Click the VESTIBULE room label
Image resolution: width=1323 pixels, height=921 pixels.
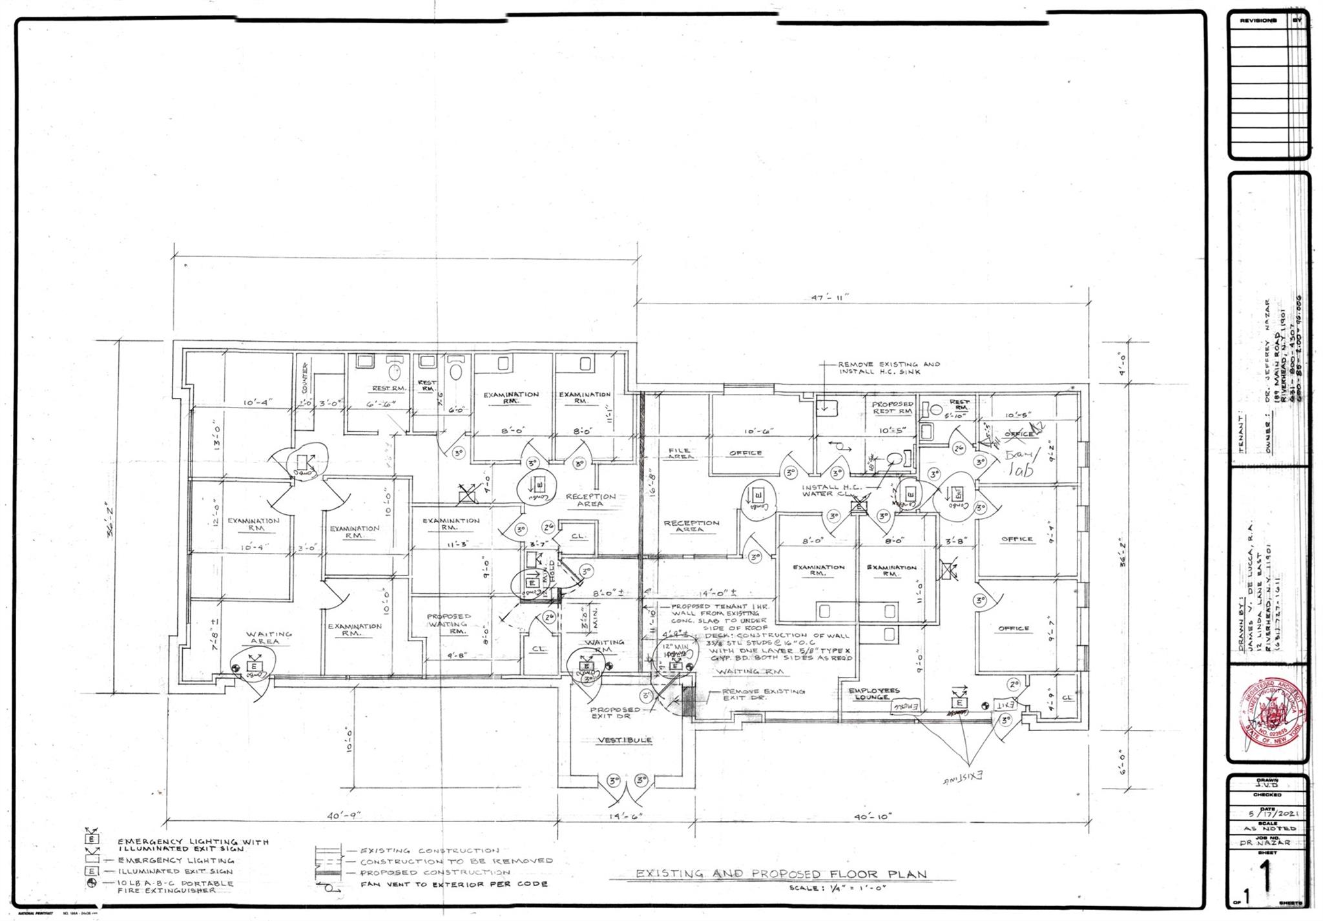623,740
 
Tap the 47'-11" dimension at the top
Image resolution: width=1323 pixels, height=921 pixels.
829,297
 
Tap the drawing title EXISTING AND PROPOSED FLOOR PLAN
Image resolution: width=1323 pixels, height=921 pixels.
781,874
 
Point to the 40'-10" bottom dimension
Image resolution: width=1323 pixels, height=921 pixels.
871,816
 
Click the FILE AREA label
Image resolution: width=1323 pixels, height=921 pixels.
680,453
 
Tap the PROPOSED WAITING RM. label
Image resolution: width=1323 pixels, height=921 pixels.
448,623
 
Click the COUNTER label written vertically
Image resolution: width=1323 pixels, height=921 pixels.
304,378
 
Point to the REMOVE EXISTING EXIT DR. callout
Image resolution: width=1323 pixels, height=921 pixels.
763,694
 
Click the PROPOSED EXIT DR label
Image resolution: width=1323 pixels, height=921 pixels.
615,712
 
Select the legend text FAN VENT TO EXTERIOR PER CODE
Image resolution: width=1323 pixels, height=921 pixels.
453,884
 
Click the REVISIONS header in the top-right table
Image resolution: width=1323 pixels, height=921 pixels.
1257,21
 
